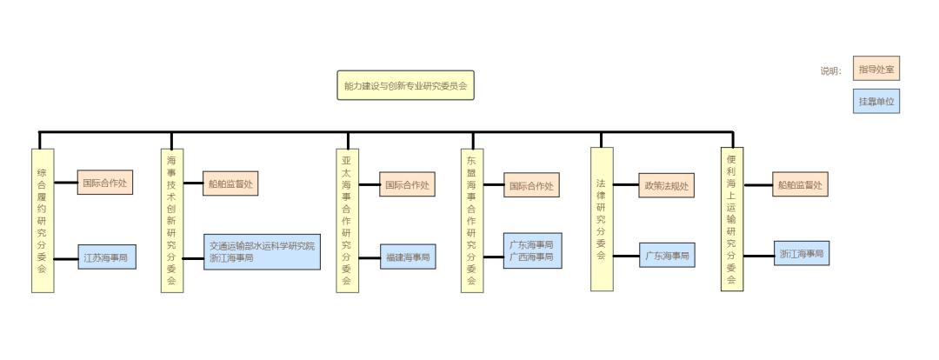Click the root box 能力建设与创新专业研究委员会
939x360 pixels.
tap(405, 86)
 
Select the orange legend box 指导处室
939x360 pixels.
tap(876, 69)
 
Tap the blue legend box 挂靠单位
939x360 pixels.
tap(876, 102)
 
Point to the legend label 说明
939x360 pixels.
tap(830, 70)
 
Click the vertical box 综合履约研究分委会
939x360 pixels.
tap(42, 221)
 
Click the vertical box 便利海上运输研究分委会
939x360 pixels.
tap(732, 218)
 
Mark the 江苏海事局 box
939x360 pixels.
tap(106, 257)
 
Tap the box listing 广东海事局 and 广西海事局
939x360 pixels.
tap(531, 250)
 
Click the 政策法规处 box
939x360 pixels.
tap(666, 184)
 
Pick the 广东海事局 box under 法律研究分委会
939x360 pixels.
tap(667, 257)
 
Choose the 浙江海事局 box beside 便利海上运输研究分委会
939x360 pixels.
tap(801, 255)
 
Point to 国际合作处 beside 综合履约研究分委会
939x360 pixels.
tap(106, 183)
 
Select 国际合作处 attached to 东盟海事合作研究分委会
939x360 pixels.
tap(531, 184)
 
